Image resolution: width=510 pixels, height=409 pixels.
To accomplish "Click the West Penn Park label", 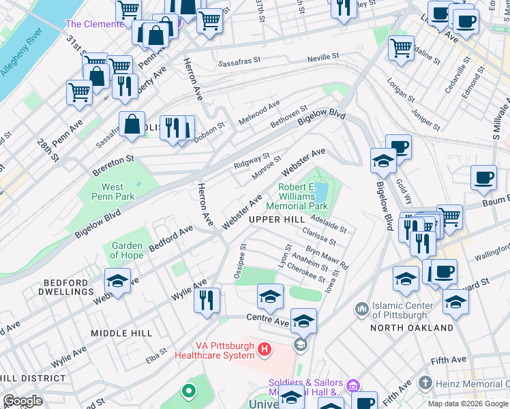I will [x=112, y=192].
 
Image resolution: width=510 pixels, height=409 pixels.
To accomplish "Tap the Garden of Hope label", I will [x=127, y=251].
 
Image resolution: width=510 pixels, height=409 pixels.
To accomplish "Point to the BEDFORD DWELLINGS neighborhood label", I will [x=48, y=287].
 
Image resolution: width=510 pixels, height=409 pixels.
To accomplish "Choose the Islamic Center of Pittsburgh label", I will [x=401, y=310].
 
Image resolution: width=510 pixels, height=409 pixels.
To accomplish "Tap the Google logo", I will [x=22, y=400].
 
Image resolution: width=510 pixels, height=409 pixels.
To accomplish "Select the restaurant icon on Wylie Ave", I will [x=207, y=299].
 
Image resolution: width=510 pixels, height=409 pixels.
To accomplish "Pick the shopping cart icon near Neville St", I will [x=401, y=48].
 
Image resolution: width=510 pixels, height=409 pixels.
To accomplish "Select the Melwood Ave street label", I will [x=259, y=114].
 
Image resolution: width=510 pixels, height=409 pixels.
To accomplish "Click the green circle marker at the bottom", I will [x=188, y=391].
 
